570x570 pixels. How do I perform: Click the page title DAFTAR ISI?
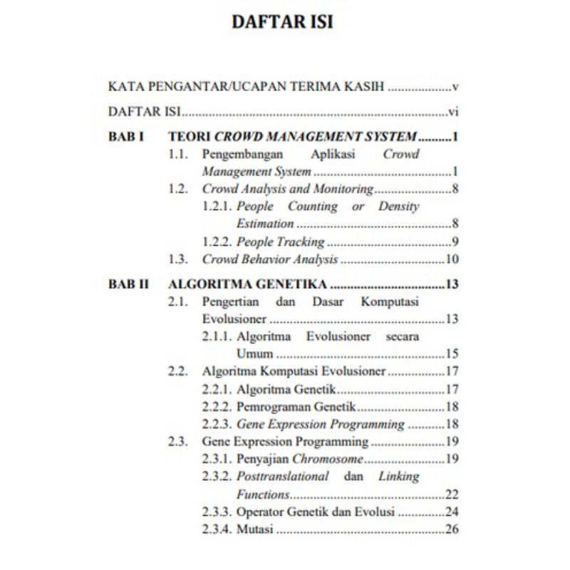pos(283,21)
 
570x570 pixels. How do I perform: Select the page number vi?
pos(452,112)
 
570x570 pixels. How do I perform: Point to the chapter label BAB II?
pos(129,284)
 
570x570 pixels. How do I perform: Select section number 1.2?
pos(178,189)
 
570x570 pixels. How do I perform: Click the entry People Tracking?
pos(280,242)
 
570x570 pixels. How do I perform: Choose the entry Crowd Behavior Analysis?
pos(270,259)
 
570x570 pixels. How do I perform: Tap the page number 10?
pos(451,259)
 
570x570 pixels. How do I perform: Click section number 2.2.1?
pos(217,389)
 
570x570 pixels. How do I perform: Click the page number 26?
pos(451,529)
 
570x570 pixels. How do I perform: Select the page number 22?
pos(451,494)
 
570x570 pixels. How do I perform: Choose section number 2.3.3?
pos(217,512)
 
